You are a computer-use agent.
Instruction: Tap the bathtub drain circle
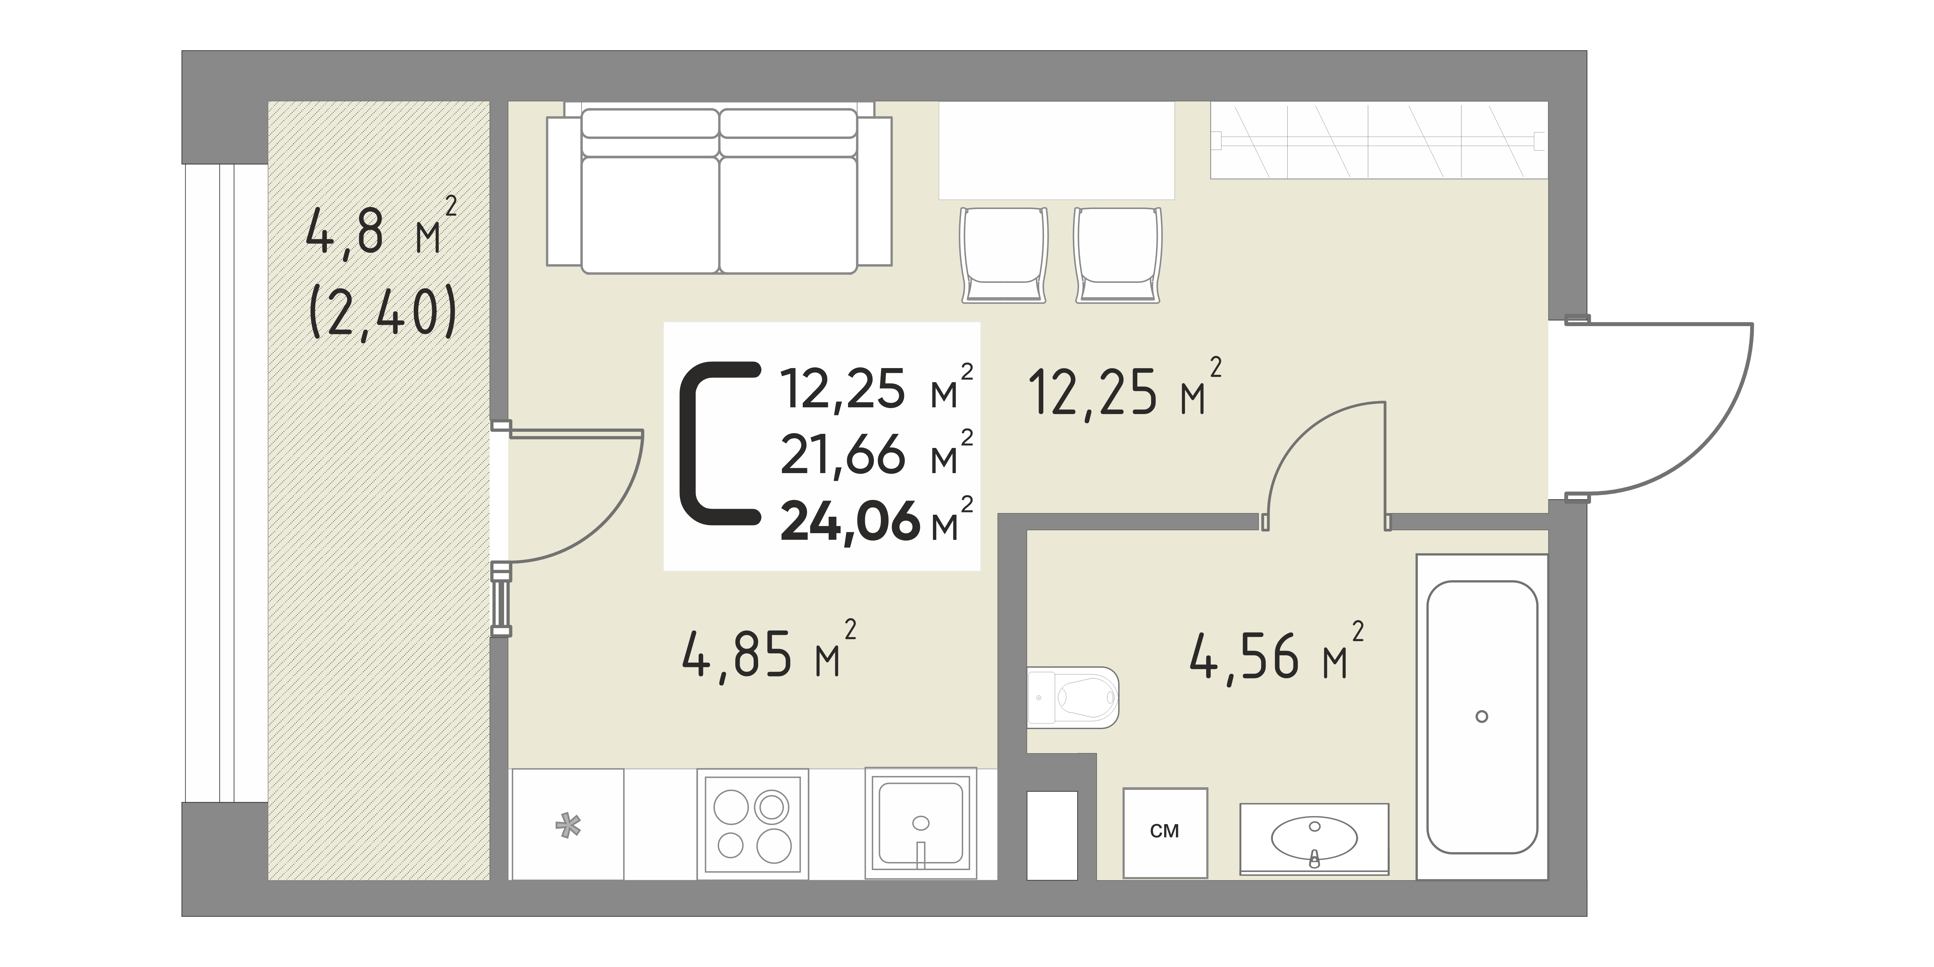tap(1481, 716)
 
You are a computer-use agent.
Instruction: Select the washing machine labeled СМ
tap(1165, 832)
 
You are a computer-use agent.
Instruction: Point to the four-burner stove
tap(752, 824)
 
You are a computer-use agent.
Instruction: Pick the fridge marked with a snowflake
tap(567, 824)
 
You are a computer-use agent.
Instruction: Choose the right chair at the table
tap(1118, 255)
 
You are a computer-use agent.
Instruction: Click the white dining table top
tap(1056, 150)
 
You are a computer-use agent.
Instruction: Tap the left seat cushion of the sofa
tap(650, 214)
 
